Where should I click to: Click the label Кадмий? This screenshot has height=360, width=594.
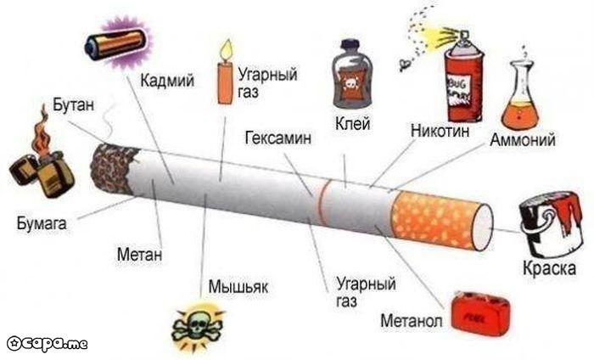point(167,80)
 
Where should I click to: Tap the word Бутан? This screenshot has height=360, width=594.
point(73,104)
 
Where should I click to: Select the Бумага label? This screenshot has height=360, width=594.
point(42,223)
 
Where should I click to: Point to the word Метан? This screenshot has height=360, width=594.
point(139,254)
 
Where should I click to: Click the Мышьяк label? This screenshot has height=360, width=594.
point(238,286)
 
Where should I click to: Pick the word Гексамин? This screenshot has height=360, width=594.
point(278,138)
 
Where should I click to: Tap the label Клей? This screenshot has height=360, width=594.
point(353,123)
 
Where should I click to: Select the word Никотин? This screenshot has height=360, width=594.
point(440,131)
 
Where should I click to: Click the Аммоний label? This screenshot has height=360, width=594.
point(523,139)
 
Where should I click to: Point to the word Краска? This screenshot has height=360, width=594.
point(549,268)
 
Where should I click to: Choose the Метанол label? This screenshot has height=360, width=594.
point(412,321)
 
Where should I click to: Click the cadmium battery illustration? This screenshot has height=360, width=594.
point(116,43)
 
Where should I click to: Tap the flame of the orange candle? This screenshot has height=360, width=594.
point(227,49)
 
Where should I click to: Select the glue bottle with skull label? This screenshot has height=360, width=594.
point(350,74)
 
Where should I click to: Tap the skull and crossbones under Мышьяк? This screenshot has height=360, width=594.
point(198,327)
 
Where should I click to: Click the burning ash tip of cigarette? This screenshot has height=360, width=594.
point(110,169)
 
